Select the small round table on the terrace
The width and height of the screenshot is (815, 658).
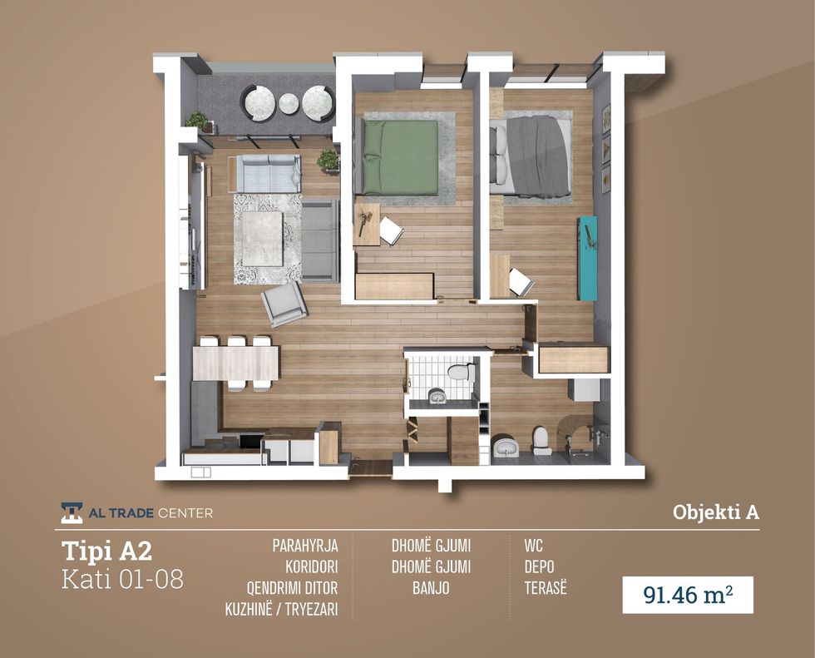pyautogui.click(x=289, y=103)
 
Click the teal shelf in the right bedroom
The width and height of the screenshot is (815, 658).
pyautogui.click(x=588, y=259)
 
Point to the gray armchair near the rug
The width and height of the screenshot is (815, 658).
pyautogui.click(x=284, y=304)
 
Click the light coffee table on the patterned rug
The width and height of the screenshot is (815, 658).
pyautogui.click(x=263, y=236)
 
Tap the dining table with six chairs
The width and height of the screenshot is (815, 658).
pyautogui.click(x=236, y=363)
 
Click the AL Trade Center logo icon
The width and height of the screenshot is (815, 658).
pyautogui.click(x=72, y=513)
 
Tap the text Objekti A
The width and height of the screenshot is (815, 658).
pyautogui.click(x=716, y=512)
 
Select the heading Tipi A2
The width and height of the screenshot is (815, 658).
pyautogui.click(x=107, y=551)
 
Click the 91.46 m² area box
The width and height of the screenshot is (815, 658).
pyautogui.click(x=689, y=595)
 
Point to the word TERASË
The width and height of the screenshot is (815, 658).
pyautogui.click(x=546, y=588)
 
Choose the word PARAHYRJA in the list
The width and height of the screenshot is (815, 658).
pyautogui.click(x=305, y=546)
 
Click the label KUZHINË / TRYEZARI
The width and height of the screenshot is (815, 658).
pyautogui.click(x=281, y=609)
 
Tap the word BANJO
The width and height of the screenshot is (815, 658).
pyautogui.click(x=431, y=588)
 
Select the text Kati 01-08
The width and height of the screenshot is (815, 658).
pyautogui.click(x=123, y=580)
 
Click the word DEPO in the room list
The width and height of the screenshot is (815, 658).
pyautogui.click(x=539, y=566)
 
